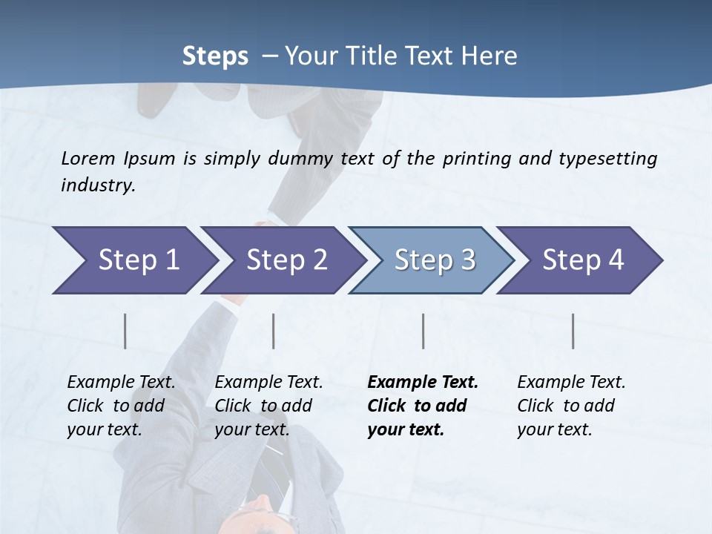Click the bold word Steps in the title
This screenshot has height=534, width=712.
point(215,56)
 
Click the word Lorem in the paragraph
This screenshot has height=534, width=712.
point(88,159)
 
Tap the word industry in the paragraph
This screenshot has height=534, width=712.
point(98,185)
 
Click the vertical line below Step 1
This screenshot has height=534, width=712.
point(125,331)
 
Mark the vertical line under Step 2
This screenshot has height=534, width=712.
point(274,331)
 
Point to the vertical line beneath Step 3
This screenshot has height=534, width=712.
point(423,331)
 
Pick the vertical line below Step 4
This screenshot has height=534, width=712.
point(573,331)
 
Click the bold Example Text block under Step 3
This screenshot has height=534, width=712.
point(423,406)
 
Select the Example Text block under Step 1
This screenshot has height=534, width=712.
point(121,406)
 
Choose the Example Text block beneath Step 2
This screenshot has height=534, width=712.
point(268,406)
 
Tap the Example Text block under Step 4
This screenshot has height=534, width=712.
point(571,406)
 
